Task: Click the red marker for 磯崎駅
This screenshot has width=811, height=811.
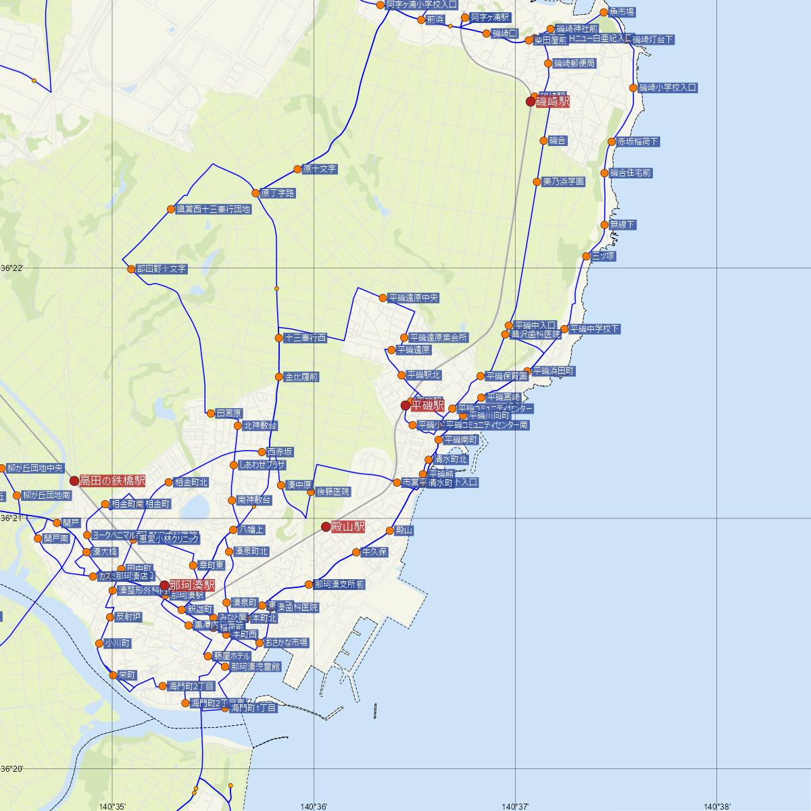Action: coord(531,102)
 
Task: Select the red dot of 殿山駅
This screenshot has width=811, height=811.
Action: coord(326,526)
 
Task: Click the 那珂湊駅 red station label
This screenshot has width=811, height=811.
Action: coord(192,585)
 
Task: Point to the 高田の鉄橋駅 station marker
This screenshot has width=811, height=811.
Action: coord(74,481)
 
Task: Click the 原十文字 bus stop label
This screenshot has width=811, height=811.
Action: coord(320,169)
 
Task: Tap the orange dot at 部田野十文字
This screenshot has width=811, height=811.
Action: coord(131,269)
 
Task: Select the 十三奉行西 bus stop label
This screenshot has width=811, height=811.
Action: coord(305,338)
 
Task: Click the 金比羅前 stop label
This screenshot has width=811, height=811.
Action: coord(301,377)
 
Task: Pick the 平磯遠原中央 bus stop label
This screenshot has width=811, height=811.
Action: coord(414,297)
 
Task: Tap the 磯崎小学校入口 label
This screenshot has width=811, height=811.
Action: coord(668,88)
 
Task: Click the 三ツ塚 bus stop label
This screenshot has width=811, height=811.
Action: coord(604,256)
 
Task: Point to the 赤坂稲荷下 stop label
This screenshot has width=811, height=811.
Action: coord(638,142)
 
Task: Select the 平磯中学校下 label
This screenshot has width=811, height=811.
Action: coord(594,329)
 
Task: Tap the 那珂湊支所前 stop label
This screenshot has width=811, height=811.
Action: coord(339,584)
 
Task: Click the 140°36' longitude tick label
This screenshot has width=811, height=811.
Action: coord(314,806)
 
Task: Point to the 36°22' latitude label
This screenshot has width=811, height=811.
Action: coord(12,268)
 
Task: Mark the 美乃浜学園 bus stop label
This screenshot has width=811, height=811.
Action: coord(564,182)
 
